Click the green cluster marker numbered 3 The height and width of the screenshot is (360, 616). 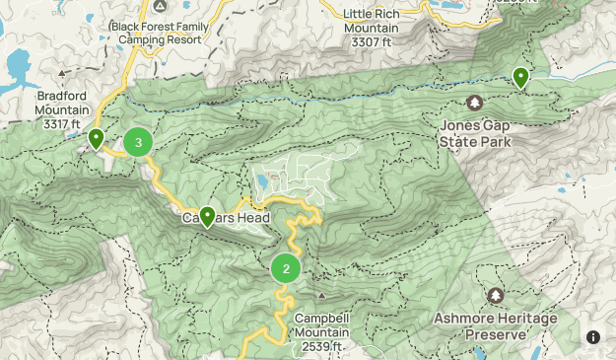click(x=138, y=143)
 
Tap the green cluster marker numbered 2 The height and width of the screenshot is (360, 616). click(x=286, y=268)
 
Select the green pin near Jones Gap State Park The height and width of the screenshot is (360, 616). click(x=520, y=77)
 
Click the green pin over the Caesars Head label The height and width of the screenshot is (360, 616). click(x=208, y=216)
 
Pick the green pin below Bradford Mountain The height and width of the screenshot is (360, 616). click(x=96, y=139)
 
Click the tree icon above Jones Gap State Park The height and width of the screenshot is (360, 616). click(x=474, y=103)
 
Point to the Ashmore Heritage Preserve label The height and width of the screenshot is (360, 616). click(x=495, y=326)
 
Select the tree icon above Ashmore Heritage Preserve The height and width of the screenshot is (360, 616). click(x=495, y=296)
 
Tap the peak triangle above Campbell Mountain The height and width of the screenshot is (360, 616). click(x=321, y=295)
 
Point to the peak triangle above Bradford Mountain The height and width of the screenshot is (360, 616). click(x=63, y=73)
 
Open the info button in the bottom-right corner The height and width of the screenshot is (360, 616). click(x=593, y=337)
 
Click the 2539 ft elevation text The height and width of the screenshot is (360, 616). click(x=323, y=346)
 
